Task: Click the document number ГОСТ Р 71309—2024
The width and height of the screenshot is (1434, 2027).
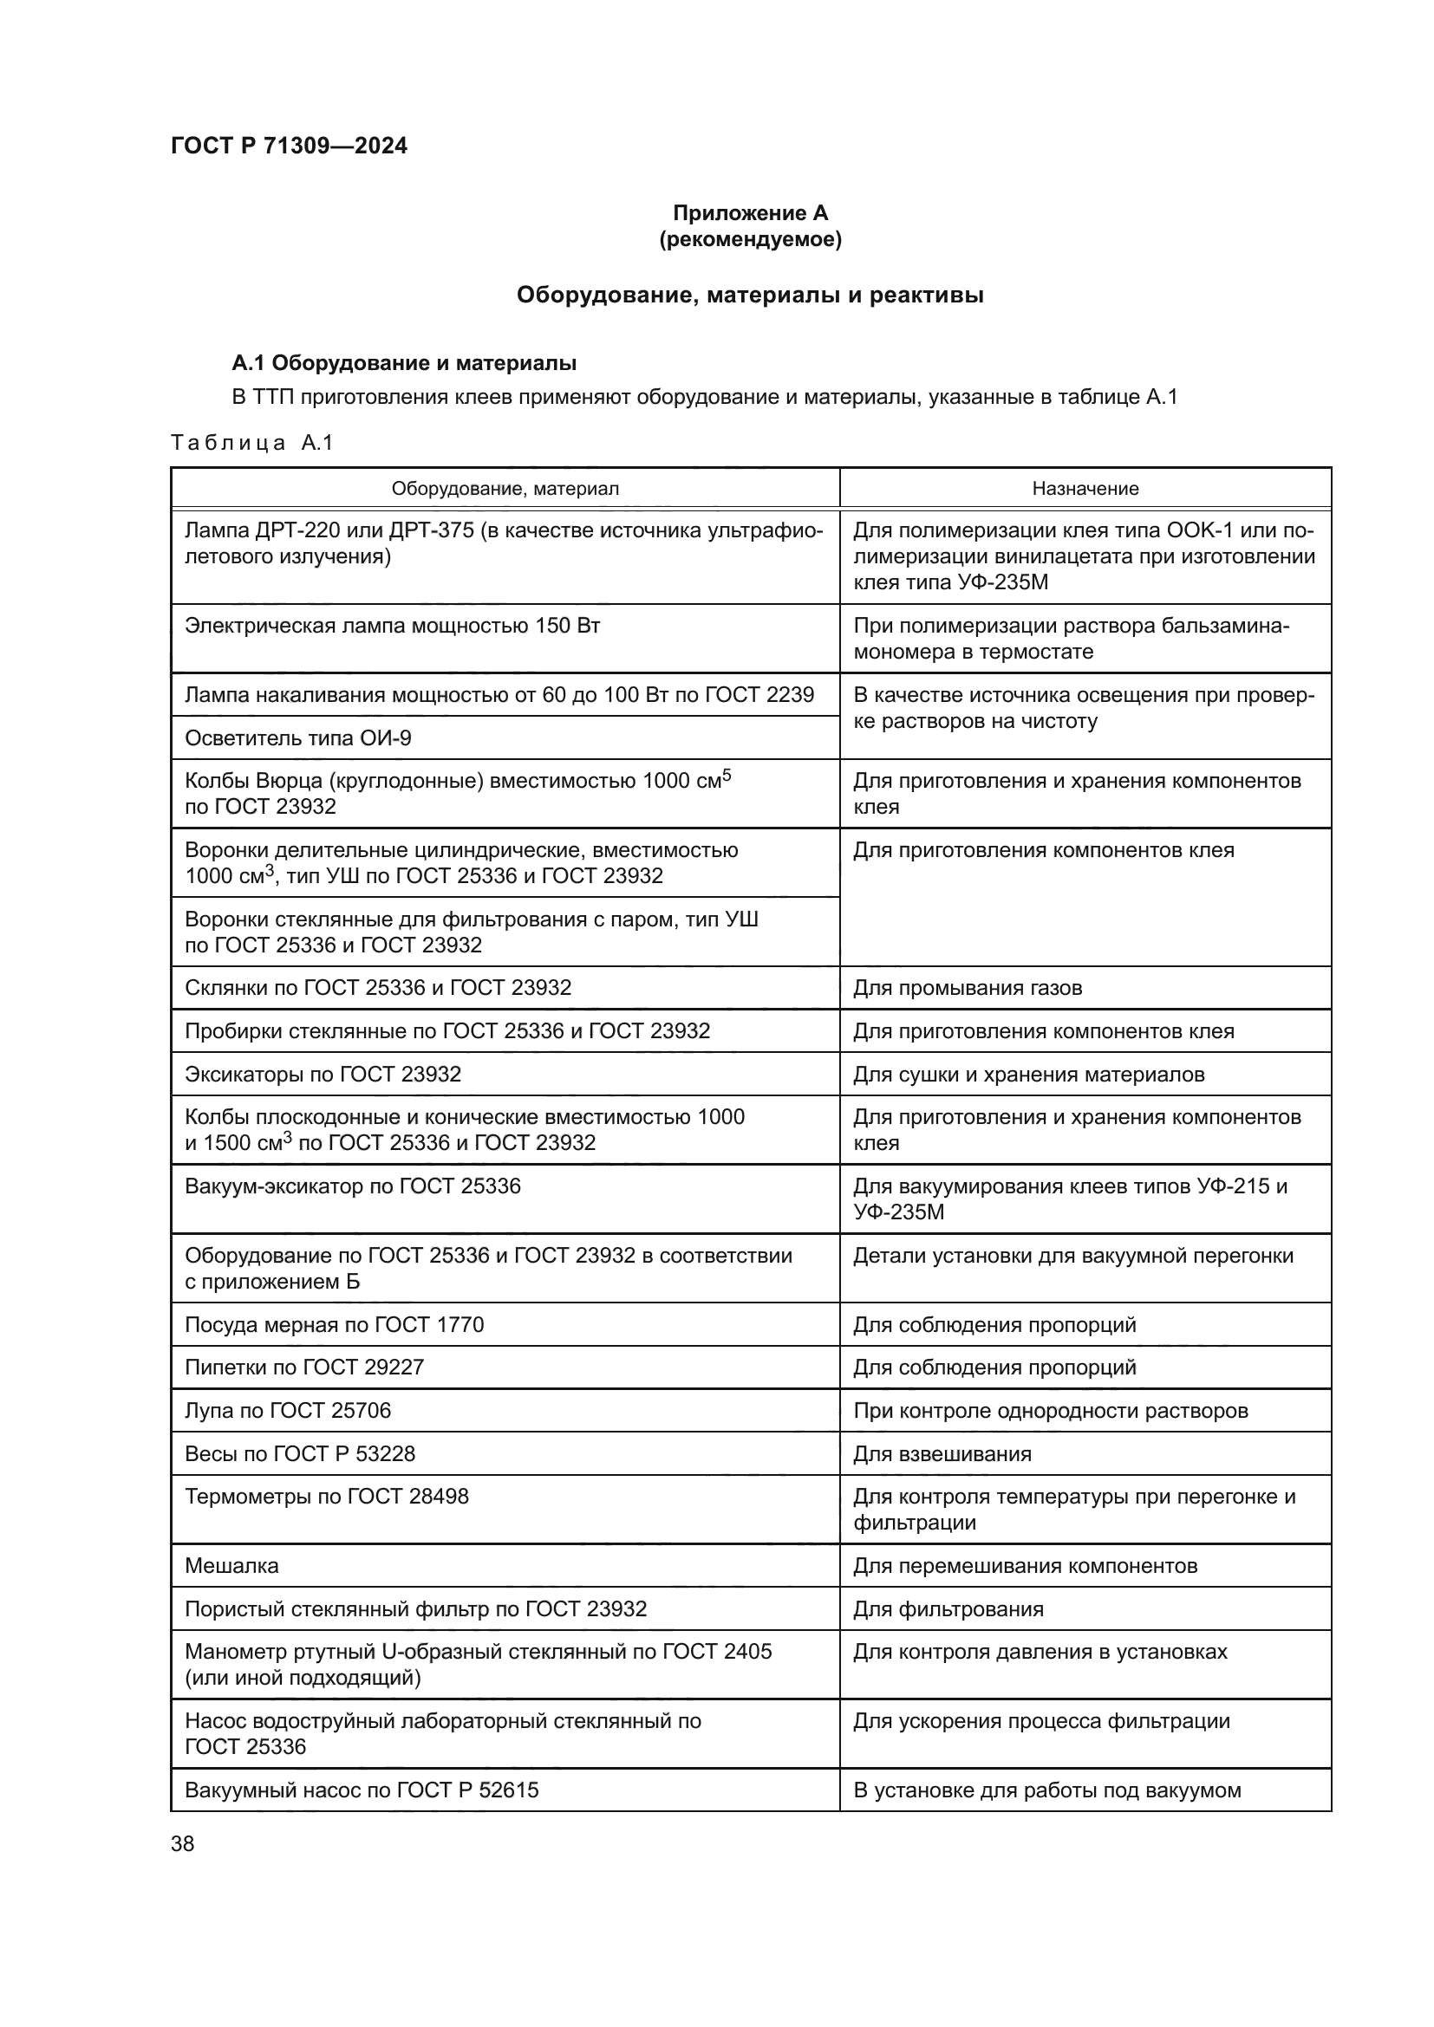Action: click(289, 146)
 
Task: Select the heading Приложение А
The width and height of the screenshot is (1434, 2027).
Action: click(750, 213)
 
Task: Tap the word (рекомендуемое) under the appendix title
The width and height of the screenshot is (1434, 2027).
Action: click(750, 239)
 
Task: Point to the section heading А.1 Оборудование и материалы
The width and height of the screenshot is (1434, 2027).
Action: click(403, 363)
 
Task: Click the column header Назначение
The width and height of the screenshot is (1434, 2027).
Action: click(1085, 488)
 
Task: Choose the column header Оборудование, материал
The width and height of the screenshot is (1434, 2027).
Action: click(505, 488)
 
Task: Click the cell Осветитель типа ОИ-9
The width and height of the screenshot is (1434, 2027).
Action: click(297, 738)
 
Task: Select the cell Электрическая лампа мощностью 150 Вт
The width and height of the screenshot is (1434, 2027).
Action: click(392, 626)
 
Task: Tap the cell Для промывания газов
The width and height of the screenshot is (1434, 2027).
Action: click(967, 988)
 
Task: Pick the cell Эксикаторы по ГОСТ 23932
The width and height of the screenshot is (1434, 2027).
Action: click(323, 1075)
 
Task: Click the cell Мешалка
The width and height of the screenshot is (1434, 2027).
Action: click(231, 1566)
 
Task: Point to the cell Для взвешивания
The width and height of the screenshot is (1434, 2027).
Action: click(942, 1454)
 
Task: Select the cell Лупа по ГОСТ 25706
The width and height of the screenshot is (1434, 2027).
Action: click(287, 1411)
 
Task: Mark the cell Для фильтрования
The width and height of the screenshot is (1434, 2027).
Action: click(948, 1609)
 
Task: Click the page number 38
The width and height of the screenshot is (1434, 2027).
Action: click(183, 1844)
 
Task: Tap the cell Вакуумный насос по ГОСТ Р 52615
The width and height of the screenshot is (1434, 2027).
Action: click(362, 1790)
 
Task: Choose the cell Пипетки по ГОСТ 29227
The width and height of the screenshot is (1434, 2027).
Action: click(303, 1368)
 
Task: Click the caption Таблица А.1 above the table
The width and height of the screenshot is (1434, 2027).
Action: click(251, 443)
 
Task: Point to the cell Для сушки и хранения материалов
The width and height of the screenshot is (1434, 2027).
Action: click(1028, 1075)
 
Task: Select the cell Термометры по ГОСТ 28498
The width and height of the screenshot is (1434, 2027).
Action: click(326, 1497)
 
